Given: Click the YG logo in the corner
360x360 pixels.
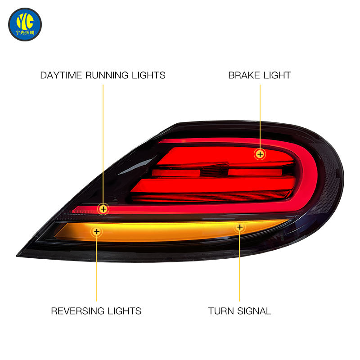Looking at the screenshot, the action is (25, 24).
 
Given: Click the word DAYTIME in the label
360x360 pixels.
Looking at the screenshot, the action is (61, 75).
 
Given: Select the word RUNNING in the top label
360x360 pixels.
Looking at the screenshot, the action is (107, 75).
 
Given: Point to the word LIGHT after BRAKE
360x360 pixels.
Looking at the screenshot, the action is (277, 75).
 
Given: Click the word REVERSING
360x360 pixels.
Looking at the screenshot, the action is (77, 311).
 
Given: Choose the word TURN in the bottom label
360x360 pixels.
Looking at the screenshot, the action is (221, 311).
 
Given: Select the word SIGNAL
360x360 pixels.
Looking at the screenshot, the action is (254, 311).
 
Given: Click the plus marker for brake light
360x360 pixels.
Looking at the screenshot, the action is (260, 154).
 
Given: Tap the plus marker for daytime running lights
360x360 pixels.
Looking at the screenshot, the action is (103, 209).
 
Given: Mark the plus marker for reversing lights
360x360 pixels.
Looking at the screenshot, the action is (97, 231).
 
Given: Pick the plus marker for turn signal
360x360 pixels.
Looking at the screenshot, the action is (240, 227).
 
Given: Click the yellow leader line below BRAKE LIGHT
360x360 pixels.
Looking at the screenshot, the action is (260, 116).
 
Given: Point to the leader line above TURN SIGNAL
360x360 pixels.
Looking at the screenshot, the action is (239, 267).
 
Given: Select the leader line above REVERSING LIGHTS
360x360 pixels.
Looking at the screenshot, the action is (96, 269).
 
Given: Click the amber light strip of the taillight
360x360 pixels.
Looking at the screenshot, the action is (170, 231).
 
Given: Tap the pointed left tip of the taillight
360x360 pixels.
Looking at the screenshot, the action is (17, 255).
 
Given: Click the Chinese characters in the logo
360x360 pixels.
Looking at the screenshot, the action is (25, 32).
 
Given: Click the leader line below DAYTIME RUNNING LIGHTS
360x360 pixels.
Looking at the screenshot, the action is (103, 144).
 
